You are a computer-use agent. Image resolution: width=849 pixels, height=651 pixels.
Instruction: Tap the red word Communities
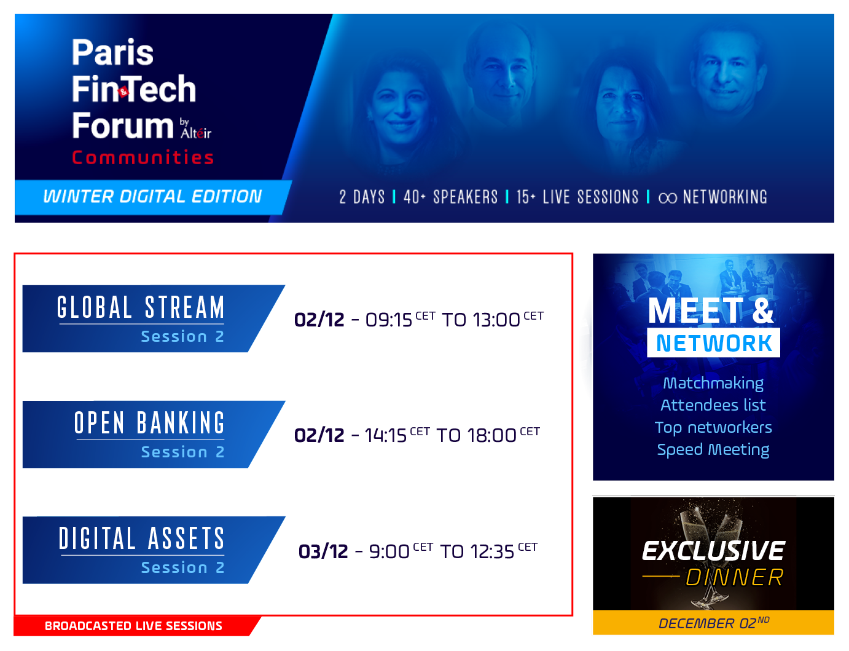click(x=143, y=157)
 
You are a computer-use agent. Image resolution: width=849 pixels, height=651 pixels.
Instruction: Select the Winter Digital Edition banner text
click(x=152, y=196)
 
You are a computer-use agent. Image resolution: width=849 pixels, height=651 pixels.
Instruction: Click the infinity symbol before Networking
click(x=667, y=198)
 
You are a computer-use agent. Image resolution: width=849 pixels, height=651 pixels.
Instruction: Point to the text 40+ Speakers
click(x=450, y=197)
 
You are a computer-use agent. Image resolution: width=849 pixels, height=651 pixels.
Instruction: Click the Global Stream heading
click(x=141, y=307)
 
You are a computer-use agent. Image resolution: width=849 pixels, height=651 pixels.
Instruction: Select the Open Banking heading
click(x=149, y=423)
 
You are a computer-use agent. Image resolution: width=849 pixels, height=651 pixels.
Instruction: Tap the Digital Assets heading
click(x=141, y=539)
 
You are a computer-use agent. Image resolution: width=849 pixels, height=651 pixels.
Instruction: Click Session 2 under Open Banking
click(x=183, y=452)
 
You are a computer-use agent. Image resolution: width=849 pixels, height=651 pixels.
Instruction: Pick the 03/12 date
click(x=323, y=551)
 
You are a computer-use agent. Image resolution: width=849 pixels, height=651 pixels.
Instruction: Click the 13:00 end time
click(x=496, y=320)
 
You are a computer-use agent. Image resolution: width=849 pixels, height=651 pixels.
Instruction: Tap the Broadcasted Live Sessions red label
click(x=134, y=626)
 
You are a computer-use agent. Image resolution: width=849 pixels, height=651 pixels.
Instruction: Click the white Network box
click(x=713, y=343)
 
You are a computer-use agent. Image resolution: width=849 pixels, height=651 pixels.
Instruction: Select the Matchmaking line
click(x=713, y=383)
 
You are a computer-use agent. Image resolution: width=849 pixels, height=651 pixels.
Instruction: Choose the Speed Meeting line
click(x=713, y=449)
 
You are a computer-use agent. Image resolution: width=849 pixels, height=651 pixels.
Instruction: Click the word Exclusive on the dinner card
click(x=713, y=551)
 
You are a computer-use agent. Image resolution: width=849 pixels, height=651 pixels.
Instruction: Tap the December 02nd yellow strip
click(x=713, y=623)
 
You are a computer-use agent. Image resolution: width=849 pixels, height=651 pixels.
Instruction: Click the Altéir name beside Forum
click(x=196, y=133)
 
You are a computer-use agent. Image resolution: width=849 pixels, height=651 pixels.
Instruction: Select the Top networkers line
click(x=713, y=427)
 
